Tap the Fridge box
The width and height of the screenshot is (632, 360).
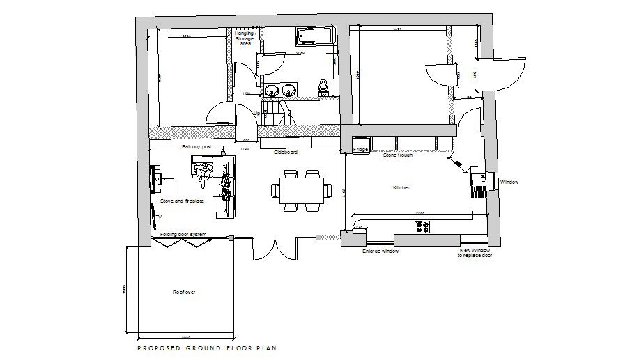click(360, 148)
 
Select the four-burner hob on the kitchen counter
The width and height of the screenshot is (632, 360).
click(422, 226)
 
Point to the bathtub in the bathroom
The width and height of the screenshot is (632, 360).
click(316, 36)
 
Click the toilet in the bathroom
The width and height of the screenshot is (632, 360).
click(323, 86)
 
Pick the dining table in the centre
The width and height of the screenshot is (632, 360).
click(302, 189)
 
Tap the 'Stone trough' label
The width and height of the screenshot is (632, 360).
click(398, 155)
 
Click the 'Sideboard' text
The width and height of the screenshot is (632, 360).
click(286, 151)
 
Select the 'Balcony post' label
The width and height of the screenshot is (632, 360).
click(196, 147)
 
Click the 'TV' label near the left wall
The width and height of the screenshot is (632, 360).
click(158, 217)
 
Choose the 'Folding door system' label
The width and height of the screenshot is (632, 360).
click(183, 234)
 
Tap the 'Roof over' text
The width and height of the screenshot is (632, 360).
click(184, 292)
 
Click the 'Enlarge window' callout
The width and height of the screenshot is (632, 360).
click(380, 251)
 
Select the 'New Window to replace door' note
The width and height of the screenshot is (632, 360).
click(475, 253)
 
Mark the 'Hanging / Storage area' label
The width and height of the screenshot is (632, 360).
click(245, 38)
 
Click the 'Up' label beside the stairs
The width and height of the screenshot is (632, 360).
click(256, 114)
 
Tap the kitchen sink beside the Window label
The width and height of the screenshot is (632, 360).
click(479, 183)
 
